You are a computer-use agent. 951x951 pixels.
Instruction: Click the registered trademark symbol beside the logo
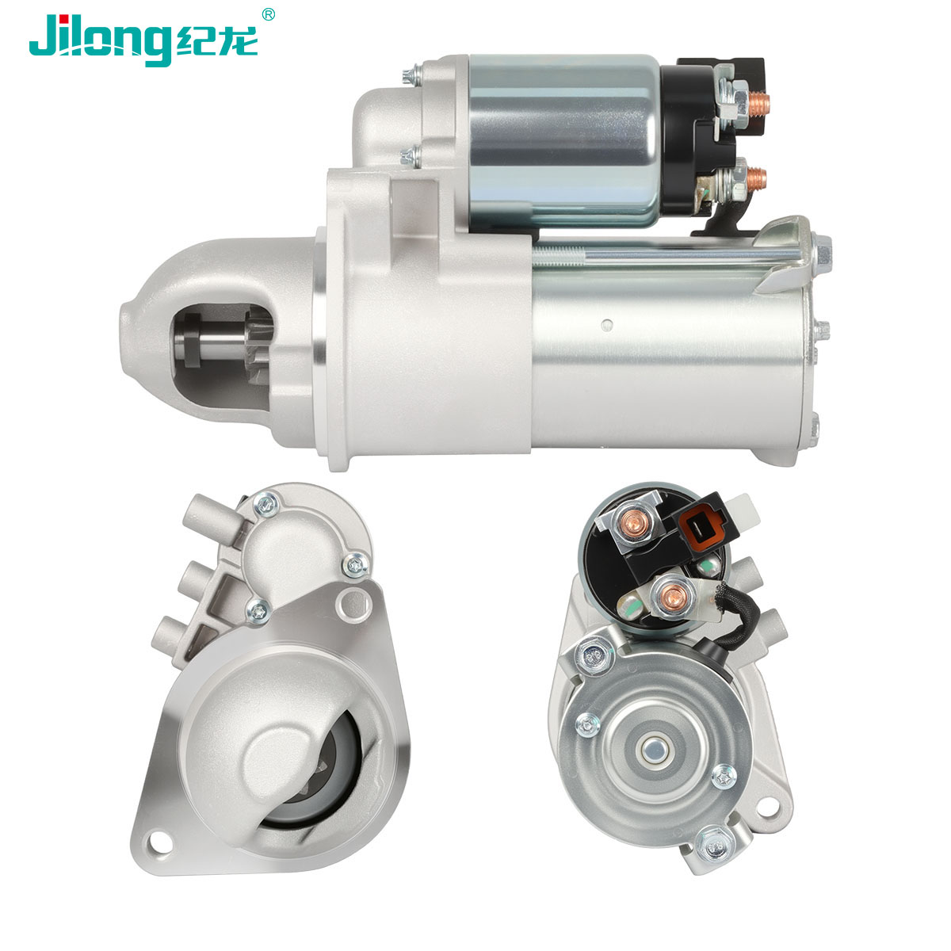[x=268, y=13]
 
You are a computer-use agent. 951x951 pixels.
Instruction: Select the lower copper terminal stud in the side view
[x=756, y=178]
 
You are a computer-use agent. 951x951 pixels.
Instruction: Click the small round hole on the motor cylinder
[x=608, y=324]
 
